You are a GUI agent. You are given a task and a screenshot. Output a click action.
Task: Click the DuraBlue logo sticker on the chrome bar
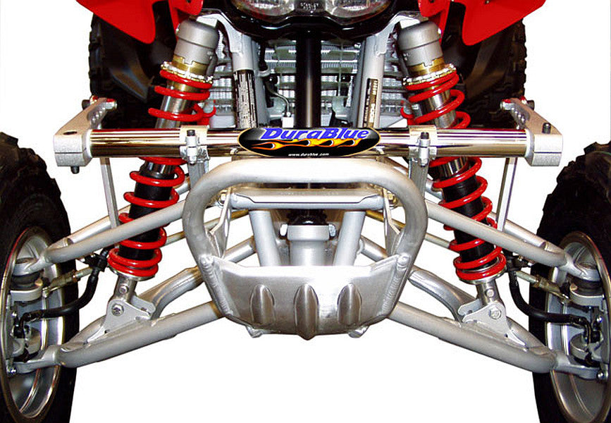pyautogui.click(x=309, y=140)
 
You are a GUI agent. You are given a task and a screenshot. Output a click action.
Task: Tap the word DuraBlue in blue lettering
pyautogui.click(x=309, y=135)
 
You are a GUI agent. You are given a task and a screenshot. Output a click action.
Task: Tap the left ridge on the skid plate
pyautogui.click(x=263, y=304)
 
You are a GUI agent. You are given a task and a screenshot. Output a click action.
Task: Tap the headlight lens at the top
pyautogui.click(x=310, y=8)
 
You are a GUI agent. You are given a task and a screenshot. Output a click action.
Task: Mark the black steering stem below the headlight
pyautogui.click(x=308, y=78)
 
